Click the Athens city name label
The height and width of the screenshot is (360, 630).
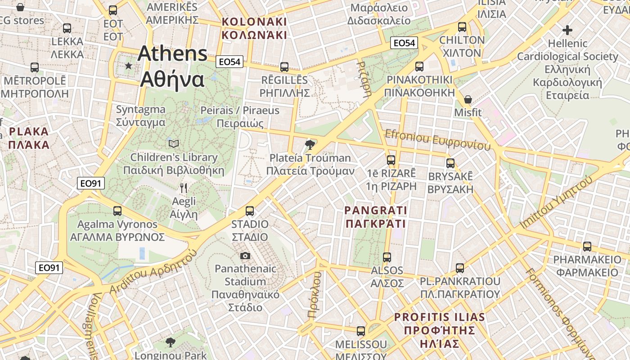172,67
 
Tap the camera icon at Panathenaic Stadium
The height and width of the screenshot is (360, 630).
245,256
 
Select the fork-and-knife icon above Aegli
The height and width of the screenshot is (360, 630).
183,188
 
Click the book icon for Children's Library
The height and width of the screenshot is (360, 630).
174,144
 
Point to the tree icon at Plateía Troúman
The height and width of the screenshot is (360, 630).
309,144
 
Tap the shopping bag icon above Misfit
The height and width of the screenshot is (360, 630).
468,99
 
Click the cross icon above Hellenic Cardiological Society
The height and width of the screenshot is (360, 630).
567,31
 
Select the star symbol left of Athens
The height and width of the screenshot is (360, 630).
129,66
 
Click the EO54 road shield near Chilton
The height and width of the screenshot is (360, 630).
404,43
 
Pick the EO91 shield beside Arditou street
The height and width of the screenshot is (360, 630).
49,268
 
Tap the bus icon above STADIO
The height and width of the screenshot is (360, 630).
250,211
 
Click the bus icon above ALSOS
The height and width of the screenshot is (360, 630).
387,257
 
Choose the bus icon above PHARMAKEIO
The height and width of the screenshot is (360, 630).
587,246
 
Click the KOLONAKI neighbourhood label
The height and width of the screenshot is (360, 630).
254,28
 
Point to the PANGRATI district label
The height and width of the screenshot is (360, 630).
375,217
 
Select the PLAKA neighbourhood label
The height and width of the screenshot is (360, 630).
29,138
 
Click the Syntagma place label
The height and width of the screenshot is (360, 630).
141,116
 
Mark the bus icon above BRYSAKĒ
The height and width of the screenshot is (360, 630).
450,163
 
